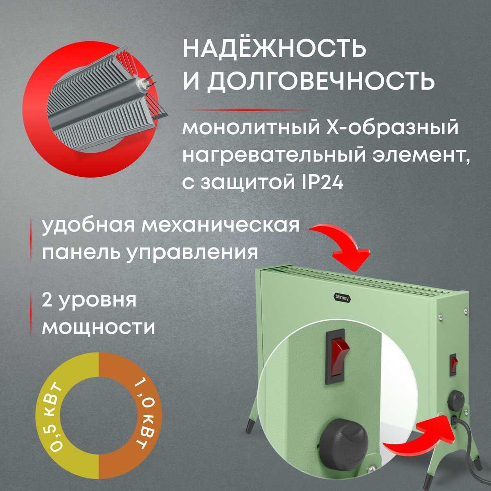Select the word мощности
coord(98,327)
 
